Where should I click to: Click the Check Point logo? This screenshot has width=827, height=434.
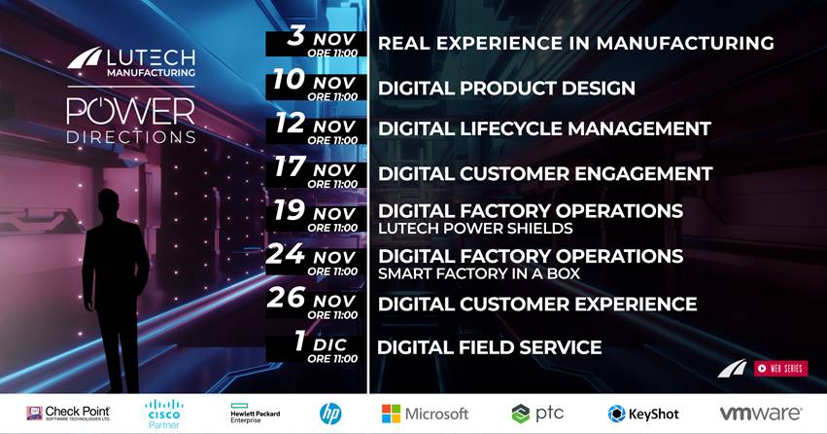[x=69, y=413]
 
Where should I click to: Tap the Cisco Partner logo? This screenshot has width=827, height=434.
[x=164, y=414]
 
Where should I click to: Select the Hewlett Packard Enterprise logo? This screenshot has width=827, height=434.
[x=256, y=413]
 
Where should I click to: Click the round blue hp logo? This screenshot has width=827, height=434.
[x=330, y=414]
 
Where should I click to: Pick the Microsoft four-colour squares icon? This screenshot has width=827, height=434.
[x=391, y=414]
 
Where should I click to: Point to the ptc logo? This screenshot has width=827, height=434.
[x=537, y=414]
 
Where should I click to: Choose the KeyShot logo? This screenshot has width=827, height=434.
[x=643, y=414]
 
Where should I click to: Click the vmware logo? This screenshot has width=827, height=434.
[x=761, y=413]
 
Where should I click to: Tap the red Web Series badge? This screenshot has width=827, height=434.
[x=780, y=368]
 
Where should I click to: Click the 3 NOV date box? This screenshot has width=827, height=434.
[x=316, y=43]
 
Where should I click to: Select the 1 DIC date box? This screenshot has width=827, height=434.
[x=316, y=349]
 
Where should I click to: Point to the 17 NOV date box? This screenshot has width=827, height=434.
[x=316, y=175]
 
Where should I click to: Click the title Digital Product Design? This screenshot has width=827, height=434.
[x=506, y=89]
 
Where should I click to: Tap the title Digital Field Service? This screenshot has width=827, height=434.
[x=490, y=347]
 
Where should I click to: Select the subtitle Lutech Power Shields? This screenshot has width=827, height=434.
[x=476, y=228]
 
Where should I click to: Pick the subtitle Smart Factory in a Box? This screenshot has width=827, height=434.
[x=479, y=273]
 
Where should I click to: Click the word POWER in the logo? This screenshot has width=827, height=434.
[x=131, y=111]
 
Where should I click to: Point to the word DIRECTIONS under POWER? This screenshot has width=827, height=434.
[x=131, y=137]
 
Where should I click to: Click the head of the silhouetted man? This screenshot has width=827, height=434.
[x=108, y=202]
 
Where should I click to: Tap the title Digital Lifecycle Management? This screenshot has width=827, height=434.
[x=545, y=128]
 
